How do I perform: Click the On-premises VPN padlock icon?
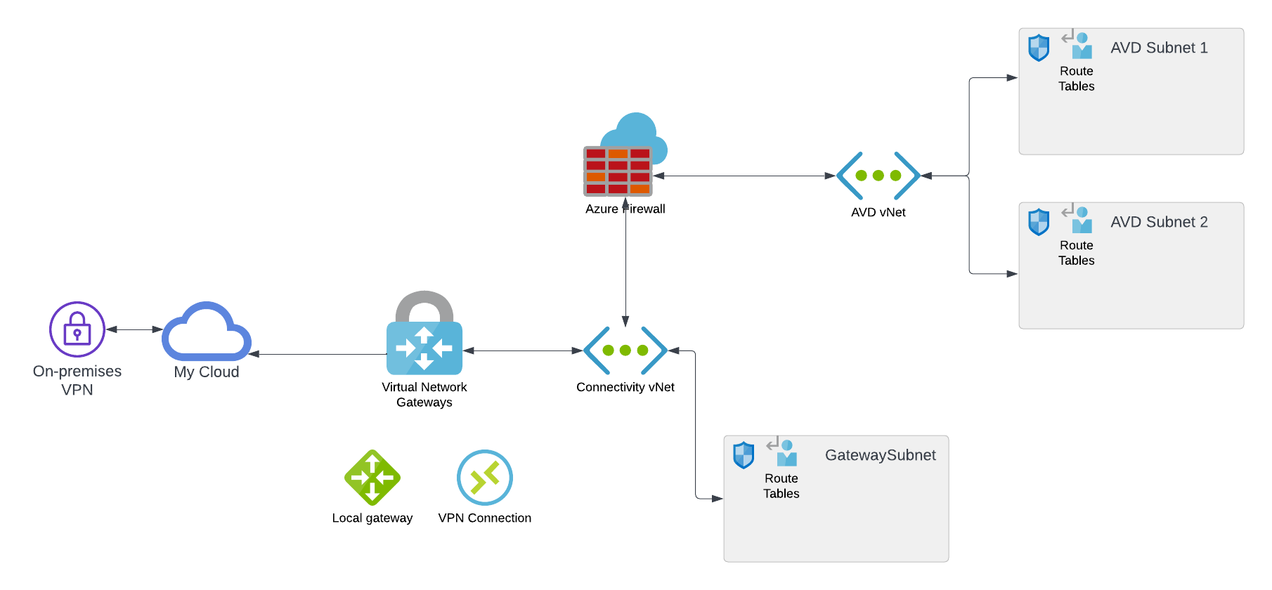(x=77, y=329)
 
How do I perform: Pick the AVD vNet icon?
(x=878, y=176)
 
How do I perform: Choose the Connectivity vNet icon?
(x=625, y=350)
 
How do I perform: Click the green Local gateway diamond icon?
(x=372, y=478)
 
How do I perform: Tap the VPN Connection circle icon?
(x=485, y=478)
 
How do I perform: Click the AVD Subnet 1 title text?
(x=1159, y=48)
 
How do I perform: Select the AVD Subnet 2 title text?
(x=1159, y=222)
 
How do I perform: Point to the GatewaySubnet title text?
(x=880, y=455)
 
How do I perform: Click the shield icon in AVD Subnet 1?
(x=1039, y=48)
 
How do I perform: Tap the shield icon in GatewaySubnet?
(x=744, y=455)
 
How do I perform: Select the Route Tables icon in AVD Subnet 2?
(x=1077, y=219)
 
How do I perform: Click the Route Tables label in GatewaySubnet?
(x=781, y=486)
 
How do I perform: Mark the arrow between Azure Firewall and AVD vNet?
(x=745, y=176)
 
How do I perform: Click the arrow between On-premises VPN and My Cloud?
(x=134, y=329)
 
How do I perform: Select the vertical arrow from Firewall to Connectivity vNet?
(x=625, y=267)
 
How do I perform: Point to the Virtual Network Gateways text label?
(x=424, y=395)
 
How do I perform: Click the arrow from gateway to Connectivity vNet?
(x=522, y=350)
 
